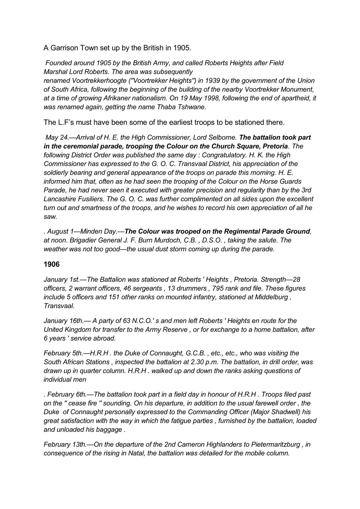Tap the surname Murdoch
167,240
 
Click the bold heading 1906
51,265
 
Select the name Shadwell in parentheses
285,412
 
